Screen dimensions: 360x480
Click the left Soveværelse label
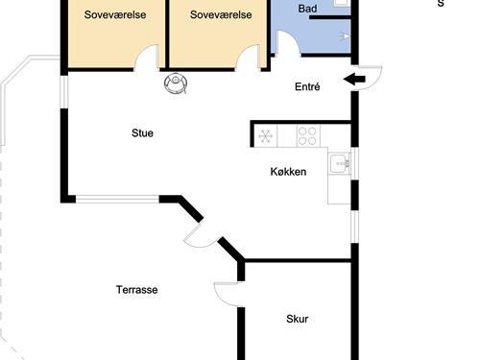[x=115, y=14]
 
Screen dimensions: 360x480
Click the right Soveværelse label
[x=221, y=14]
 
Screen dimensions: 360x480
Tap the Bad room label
[x=307, y=9]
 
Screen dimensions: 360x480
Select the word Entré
[x=306, y=86]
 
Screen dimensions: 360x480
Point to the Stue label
[x=142, y=133]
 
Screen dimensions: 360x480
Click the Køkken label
[x=288, y=172]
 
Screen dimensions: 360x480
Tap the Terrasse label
[x=136, y=289]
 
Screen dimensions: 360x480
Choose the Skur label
[x=297, y=319]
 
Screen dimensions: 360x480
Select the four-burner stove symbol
[x=307, y=135]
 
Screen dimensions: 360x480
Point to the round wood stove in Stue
[x=176, y=84]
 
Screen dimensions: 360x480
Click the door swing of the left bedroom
[x=147, y=60]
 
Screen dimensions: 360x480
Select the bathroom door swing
[x=285, y=43]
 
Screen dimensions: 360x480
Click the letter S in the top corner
[x=441, y=3]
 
